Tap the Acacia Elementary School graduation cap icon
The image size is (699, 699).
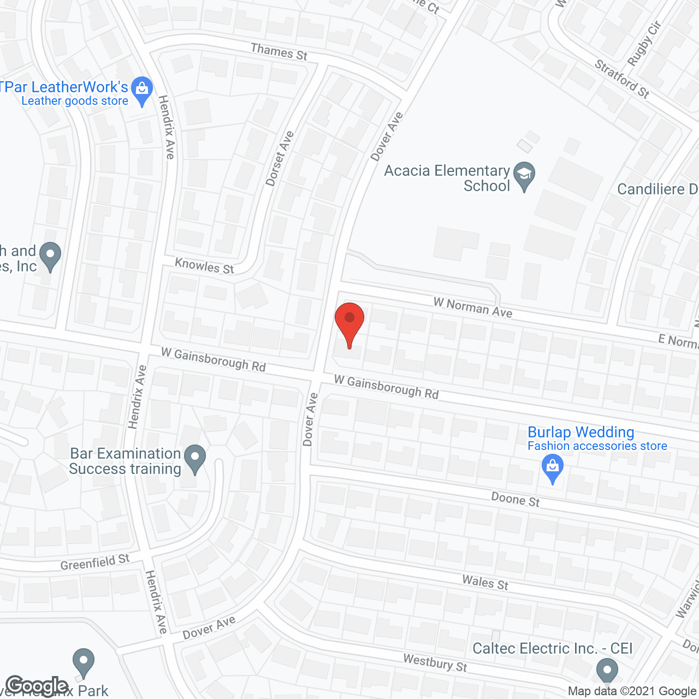(x=524, y=175)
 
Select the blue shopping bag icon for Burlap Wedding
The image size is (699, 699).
(x=553, y=469)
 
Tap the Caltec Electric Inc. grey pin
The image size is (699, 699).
(x=607, y=670)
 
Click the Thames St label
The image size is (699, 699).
(x=279, y=52)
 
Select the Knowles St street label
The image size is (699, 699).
(x=204, y=266)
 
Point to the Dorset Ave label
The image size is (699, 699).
(x=280, y=159)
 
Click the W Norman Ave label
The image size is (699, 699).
(x=473, y=307)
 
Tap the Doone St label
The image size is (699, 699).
(x=515, y=499)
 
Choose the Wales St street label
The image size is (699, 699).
(x=485, y=583)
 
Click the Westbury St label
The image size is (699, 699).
(x=435, y=663)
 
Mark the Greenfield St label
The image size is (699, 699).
(x=95, y=562)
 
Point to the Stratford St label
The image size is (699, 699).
(x=622, y=79)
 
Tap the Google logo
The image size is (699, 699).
(x=37, y=686)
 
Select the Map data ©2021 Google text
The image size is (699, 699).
(x=632, y=691)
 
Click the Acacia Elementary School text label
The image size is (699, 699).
(x=447, y=178)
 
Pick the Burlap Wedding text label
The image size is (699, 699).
(x=580, y=433)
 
